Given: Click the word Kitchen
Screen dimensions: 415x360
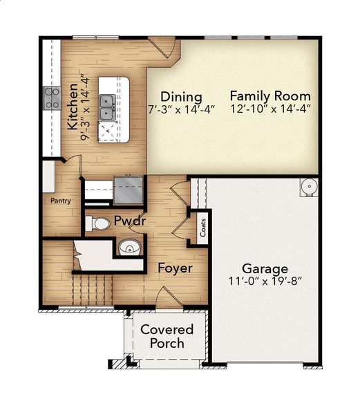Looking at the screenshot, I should tap(73, 107).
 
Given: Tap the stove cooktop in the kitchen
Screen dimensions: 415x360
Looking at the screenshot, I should tap(53, 98).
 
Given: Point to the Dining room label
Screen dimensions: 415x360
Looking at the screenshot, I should tap(181, 97).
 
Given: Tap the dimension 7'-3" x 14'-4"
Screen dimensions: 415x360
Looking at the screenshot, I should tap(182, 109).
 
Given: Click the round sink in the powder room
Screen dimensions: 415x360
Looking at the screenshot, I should tap(129, 246).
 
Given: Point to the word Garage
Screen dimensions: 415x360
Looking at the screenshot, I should tap(265, 268).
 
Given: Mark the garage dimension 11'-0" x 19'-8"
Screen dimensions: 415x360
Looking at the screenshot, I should tap(265, 282).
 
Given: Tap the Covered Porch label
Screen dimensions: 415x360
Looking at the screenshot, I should tap(167, 336).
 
